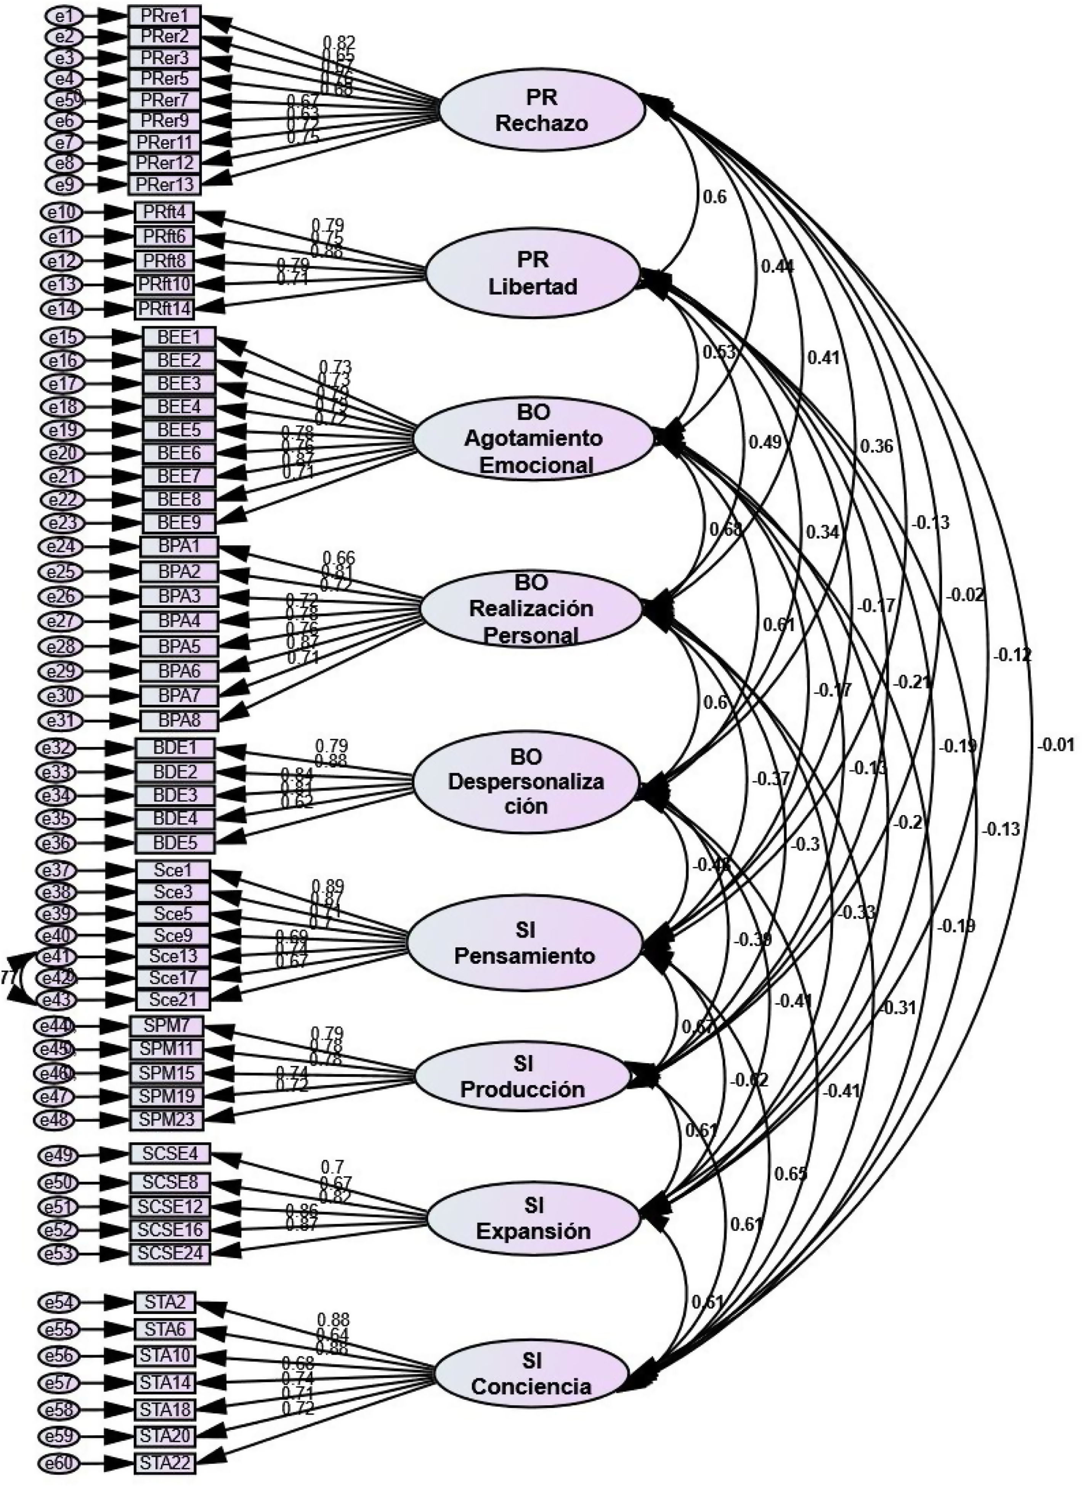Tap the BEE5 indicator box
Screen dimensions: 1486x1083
tap(178, 430)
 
